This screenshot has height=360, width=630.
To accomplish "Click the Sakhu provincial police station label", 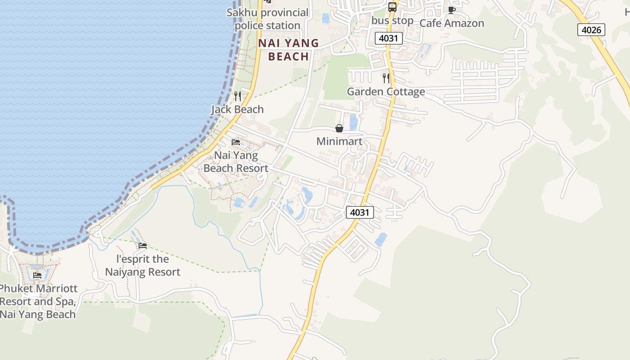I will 267,19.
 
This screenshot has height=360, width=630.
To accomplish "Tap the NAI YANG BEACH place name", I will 288,49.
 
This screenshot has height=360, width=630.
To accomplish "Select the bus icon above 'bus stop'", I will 392,7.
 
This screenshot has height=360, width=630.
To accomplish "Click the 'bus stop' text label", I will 392,21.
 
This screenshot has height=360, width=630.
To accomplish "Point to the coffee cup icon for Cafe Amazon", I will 452,10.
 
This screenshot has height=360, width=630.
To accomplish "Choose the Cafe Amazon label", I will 452,23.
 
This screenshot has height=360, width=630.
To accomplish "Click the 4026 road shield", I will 591,30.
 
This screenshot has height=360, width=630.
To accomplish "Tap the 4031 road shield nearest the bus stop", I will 388,38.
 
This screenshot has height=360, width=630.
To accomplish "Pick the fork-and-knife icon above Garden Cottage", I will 386,78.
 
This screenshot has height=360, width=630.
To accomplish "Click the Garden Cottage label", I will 386,92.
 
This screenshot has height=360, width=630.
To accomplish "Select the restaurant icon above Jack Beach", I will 238,96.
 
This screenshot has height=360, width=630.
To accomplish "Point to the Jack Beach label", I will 238,109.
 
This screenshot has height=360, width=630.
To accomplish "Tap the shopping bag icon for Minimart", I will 339,128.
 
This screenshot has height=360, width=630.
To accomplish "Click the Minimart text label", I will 339,141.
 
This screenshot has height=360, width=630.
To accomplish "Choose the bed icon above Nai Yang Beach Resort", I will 236,142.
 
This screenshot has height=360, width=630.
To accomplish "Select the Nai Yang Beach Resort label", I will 236,162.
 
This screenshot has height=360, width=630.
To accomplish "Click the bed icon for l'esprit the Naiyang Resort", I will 143,246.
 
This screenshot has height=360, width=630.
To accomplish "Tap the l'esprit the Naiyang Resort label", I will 143,265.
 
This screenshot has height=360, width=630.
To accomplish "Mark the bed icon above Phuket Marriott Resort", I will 37,275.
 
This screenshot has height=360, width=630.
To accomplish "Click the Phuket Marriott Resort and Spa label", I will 38,301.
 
